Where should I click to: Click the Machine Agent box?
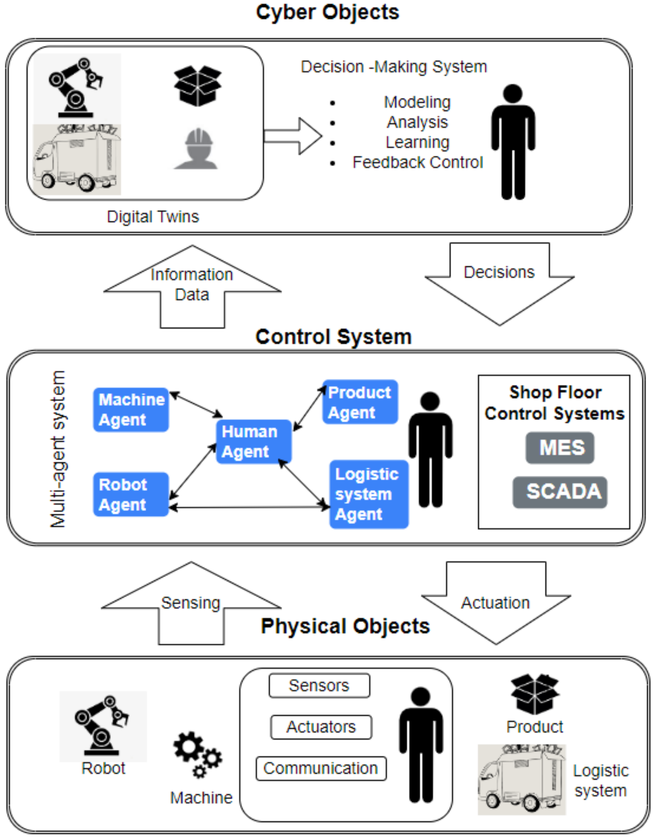[x=131, y=410]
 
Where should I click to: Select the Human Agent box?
[x=254, y=441]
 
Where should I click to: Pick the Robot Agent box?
[x=131, y=495]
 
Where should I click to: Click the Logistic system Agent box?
[x=369, y=494]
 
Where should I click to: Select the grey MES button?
[x=560, y=448]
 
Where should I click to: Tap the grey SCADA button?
[x=560, y=492]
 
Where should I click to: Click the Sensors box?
[x=319, y=686]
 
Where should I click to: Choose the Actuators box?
[x=321, y=727]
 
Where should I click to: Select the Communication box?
[x=321, y=769]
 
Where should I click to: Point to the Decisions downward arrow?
[x=499, y=285]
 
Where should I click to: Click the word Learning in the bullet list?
[x=417, y=142]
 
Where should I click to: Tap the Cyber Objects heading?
[x=328, y=12]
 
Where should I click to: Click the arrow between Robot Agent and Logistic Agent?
[x=249, y=508]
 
